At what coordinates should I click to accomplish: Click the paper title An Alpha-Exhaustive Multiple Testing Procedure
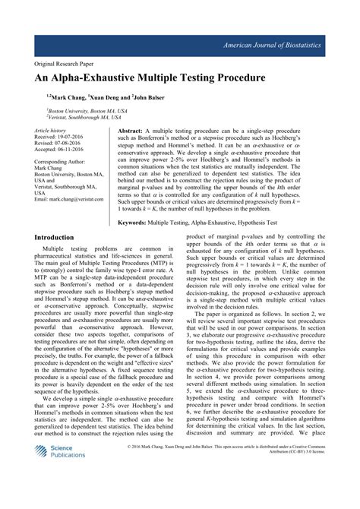(x=149, y=78)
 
